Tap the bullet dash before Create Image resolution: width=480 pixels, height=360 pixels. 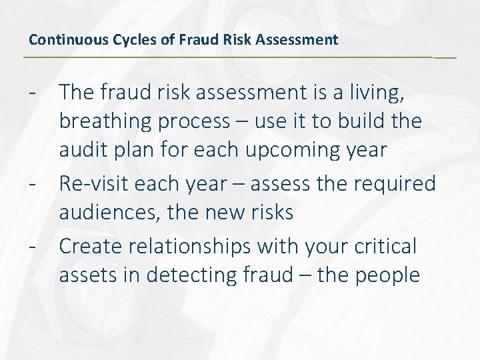(32, 246)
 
